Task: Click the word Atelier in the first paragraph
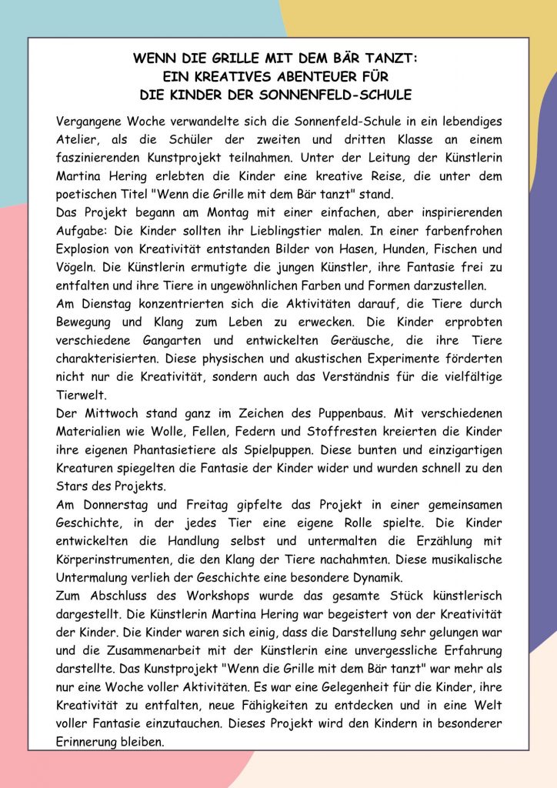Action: [78, 139]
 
